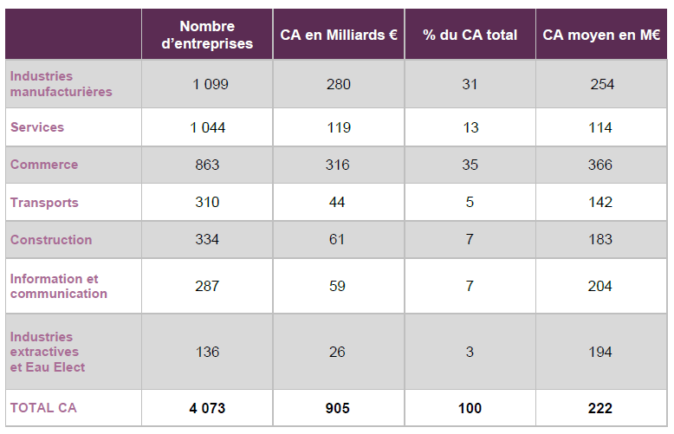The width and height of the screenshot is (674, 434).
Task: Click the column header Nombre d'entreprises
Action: point(207,35)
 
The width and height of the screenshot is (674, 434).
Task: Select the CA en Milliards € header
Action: point(339,35)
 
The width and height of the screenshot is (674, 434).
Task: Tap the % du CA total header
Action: point(470,35)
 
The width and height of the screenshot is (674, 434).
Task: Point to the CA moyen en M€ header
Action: point(600,35)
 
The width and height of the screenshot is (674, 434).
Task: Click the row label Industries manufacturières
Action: point(61,84)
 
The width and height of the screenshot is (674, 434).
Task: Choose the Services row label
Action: point(37,127)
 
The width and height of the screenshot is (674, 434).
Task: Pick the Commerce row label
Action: point(44,165)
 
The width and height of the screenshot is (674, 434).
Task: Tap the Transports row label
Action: point(44,203)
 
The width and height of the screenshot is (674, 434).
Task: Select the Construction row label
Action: point(51,240)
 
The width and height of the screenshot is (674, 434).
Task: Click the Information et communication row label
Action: point(58,286)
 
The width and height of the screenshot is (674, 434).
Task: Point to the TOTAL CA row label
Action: point(43,408)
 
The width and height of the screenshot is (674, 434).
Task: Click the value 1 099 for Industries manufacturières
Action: point(207,84)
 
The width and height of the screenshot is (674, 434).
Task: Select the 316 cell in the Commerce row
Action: point(338,165)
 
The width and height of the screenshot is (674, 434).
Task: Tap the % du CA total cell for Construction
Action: point(470,240)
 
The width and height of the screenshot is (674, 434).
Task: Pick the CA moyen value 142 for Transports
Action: point(600,203)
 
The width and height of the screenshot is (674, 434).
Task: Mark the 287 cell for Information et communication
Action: point(207,286)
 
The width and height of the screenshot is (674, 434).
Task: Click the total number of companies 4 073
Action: point(207,408)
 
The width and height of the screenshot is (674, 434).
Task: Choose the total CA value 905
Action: point(338,408)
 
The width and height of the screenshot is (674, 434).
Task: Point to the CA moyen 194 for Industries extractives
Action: point(600,352)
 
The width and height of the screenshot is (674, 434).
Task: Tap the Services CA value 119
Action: point(338,127)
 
